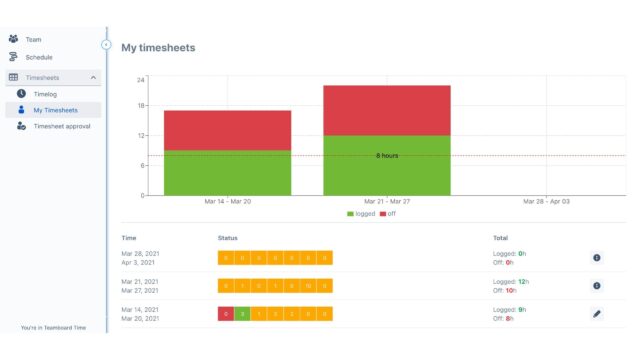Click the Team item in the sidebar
point(33,39)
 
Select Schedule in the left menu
point(38,57)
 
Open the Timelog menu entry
point(45,93)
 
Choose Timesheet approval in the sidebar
point(62,127)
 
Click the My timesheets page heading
point(158,47)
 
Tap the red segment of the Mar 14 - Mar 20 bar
point(227,130)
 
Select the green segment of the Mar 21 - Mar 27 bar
point(386,165)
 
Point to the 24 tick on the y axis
point(141,79)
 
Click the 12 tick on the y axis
point(141,136)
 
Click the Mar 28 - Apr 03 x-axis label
point(546,201)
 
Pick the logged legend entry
point(363,214)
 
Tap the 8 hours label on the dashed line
point(387,156)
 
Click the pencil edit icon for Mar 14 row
point(597,313)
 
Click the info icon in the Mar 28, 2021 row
point(597,257)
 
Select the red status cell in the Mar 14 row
point(226,313)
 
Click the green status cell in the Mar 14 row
point(242,313)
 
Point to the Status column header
point(228,238)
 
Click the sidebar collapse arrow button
point(106,44)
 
